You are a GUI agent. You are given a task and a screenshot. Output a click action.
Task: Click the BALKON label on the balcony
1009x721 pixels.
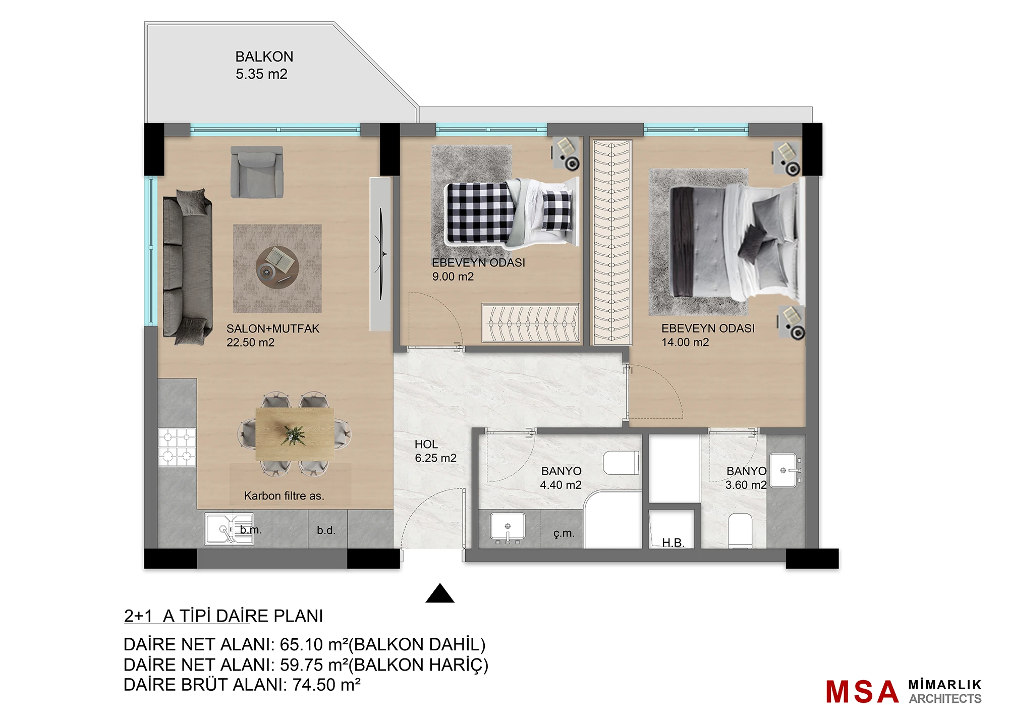point(264,57)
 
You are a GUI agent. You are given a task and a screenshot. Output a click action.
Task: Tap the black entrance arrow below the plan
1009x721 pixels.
point(440,593)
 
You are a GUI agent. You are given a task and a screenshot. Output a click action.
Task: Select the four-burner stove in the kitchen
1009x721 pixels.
point(177,447)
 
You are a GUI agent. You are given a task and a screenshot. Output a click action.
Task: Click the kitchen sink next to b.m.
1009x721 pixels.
point(229,529)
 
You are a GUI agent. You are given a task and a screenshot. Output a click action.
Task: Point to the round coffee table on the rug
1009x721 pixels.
point(277,268)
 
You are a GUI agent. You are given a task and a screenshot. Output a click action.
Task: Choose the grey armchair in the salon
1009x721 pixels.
point(257,172)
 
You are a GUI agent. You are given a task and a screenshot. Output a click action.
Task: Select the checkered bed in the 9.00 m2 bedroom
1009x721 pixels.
point(510,212)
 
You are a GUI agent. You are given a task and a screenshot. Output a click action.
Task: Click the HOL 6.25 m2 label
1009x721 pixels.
point(435,451)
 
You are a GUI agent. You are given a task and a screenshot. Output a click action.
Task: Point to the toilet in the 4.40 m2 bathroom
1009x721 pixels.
point(622,463)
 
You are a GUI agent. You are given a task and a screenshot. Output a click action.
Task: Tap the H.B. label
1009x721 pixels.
point(673,543)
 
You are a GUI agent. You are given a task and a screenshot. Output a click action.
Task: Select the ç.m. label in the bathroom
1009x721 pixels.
point(564,533)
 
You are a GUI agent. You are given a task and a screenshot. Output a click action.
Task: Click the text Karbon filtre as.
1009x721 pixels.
point(284,496)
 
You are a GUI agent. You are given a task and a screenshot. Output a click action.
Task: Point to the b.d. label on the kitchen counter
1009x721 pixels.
point(326,530)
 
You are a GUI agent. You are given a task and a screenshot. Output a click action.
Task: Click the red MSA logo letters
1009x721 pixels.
point(862,692)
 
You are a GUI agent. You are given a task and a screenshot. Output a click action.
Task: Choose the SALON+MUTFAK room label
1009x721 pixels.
point(273,328)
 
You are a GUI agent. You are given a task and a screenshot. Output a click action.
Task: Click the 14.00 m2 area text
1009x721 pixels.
point(685,342)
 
